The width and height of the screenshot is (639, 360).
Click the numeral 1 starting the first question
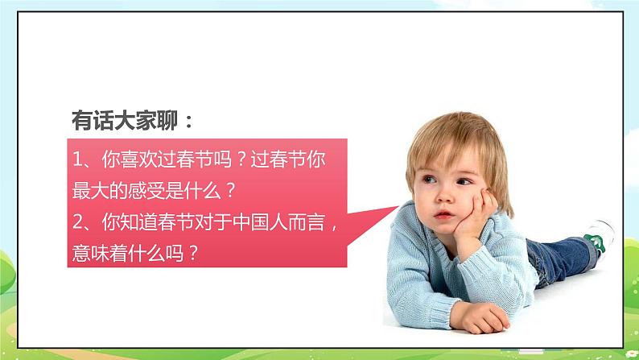pos(77,159)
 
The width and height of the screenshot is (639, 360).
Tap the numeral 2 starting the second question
pos(77,221)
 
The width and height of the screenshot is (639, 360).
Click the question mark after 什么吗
pos(192,251)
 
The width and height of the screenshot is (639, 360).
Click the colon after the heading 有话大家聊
pos(189,122)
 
